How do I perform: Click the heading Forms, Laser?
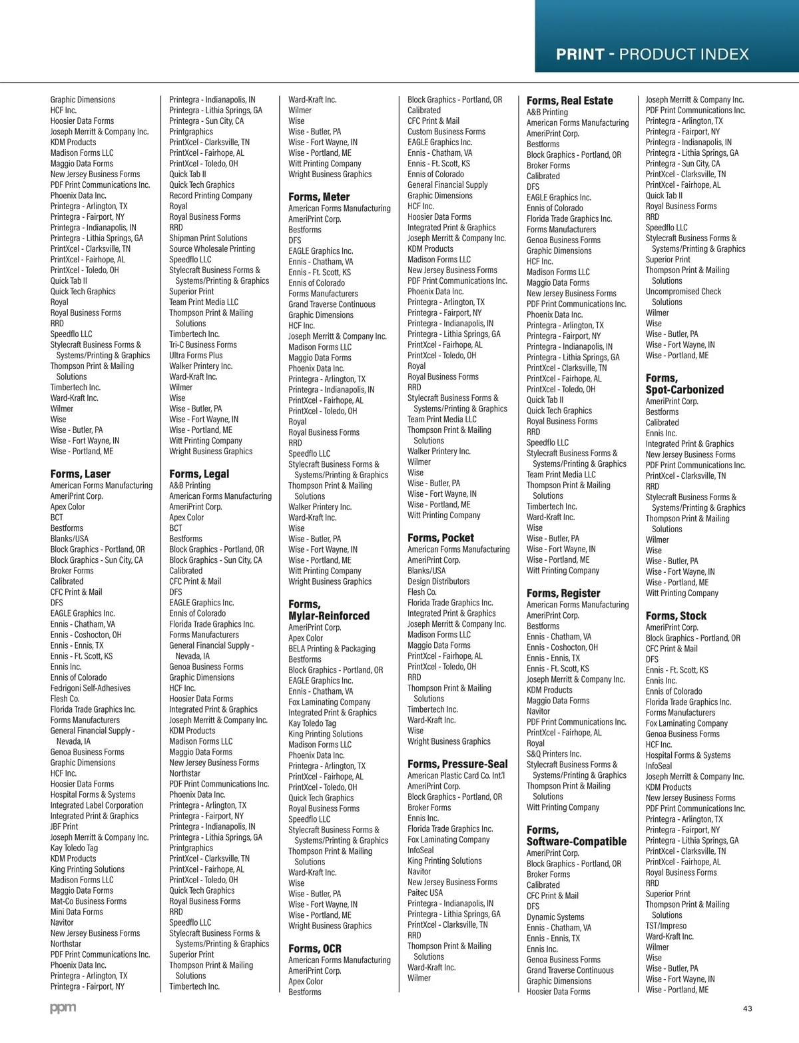click(x=81, y=474)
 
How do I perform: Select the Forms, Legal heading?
click(x=199, y=474)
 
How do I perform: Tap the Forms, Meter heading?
click(x=319, y=197)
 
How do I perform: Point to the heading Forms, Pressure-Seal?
click(x=457, y=764)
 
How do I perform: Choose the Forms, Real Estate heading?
click(x=569, y=101)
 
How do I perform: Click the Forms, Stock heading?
click(x=676, y=616)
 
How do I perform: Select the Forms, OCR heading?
click(x=315, y=948)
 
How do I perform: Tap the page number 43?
click(x=747, y=1008)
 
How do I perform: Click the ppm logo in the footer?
click(x=63, y=1008)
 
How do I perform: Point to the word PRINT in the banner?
click(x=580, y=55)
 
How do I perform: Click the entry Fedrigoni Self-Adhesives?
click(x=91, y=688)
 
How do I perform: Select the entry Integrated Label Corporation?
click(x=97, y=805)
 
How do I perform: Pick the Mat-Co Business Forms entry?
click(x=89, y=901)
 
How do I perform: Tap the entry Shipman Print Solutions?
click(x=208, y=238)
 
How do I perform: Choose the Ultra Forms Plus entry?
click(x=196, y=355)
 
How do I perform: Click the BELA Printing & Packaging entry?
click(x=332, y=649)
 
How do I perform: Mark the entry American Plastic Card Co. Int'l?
click(x=456, y=775)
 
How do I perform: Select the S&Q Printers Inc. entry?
click(x=554, y=754)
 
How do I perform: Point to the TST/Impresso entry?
click(x=666, y=926)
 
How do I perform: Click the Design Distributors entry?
click(x=439, y=581)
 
